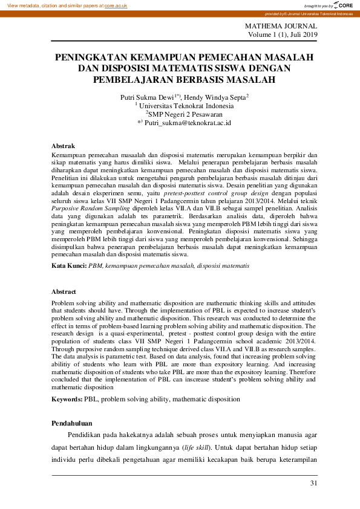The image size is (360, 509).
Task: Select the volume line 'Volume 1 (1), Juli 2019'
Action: pos(282,36)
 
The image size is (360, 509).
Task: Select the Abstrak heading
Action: pos(63,146)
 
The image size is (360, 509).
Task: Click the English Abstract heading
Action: pos(64,291)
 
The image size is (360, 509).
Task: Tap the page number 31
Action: pos(312,483)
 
